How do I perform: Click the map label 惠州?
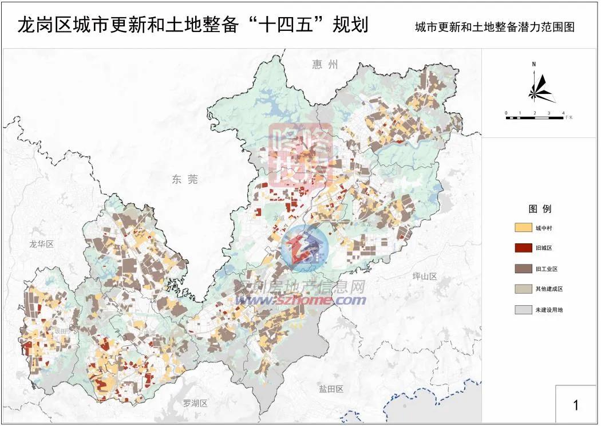tap(325, 64)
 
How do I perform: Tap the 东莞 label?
tap(184, 180)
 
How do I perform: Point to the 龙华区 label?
tap(41, 244)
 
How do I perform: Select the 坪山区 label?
tap(425, 277)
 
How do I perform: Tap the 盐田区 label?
tap(331, 389)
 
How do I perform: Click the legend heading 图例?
tap(540, 209)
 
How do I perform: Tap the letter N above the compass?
tap(533, 65)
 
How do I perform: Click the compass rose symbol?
tap(538, 89)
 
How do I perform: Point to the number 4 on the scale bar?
tap(563, 113)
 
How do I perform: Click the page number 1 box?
tap(576, 405)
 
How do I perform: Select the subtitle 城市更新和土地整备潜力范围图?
tap(495, 27)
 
